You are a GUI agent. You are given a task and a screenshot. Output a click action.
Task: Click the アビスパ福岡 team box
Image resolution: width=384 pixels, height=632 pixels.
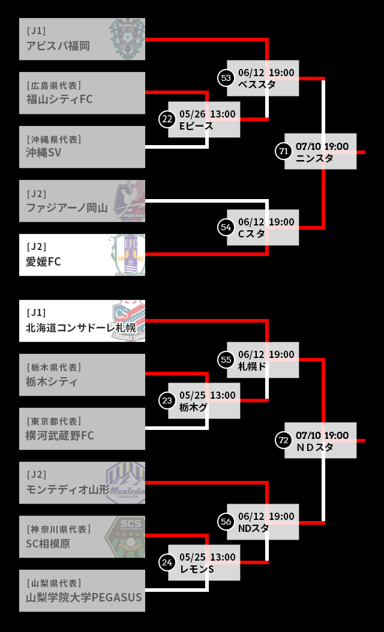[82, 39]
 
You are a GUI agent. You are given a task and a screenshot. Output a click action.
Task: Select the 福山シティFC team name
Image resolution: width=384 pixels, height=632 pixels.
[59, 99]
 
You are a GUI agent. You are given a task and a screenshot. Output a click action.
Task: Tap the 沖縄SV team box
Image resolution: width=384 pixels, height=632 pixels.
[82, 147]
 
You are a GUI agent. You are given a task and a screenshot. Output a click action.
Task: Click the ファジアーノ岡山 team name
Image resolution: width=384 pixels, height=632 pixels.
[67, 208]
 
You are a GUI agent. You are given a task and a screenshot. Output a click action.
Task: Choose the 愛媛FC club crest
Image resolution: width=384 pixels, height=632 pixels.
[127, 255]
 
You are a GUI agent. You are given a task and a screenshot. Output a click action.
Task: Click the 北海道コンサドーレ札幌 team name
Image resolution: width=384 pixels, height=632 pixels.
[80, 328]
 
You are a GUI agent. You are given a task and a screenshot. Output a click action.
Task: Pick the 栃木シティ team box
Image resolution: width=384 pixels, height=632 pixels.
[82, 375]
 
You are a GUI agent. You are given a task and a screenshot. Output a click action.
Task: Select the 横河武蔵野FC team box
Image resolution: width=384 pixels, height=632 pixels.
[82, 429]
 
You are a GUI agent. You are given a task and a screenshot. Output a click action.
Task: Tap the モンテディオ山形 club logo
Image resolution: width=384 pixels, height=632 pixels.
[125, 483]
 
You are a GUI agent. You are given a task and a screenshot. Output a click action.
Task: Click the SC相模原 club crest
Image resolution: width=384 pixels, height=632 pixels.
[125, 537]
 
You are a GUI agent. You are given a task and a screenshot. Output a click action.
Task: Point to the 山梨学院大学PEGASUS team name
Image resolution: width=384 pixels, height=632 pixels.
[84, 598]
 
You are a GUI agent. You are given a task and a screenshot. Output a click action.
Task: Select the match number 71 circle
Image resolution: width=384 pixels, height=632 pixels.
[284, 152]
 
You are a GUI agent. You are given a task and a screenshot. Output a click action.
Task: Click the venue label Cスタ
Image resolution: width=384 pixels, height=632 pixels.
[251, 234]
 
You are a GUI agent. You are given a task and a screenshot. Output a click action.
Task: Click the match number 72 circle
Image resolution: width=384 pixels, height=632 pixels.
[284, 440]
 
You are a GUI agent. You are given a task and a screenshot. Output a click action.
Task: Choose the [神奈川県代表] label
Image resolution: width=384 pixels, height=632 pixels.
[58, 529]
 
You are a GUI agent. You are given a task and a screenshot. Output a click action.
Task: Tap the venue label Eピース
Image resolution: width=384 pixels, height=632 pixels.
[196, 126]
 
